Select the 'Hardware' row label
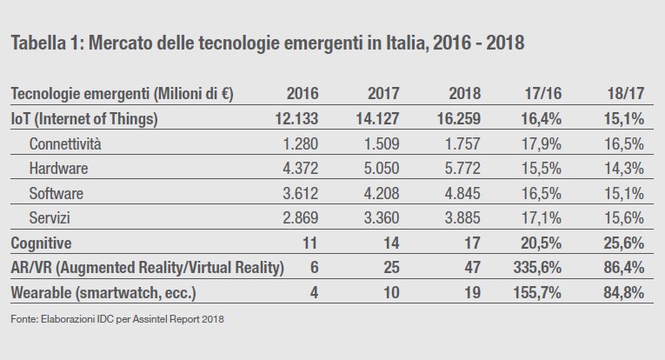click(x=60, y=168)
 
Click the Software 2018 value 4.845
click(x=452, y=193)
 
